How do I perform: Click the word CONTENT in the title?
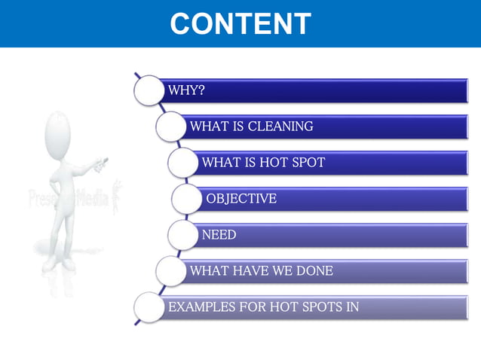pos(240,23)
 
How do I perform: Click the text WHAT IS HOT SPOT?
pos(263,163)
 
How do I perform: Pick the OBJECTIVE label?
pos(241,199)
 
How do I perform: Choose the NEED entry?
pos(219,235)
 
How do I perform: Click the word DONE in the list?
pos(314,270)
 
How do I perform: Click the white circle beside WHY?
pos(148,90)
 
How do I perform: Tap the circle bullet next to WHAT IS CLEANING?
pos(170,127)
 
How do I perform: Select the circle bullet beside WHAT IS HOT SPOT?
pos(182,163)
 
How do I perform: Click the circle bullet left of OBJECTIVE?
pos(186,199)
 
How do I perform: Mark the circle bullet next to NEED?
pos(182,235)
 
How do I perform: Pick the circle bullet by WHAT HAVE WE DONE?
pos(170,270)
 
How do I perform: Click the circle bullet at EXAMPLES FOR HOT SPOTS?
pos(148,307)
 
